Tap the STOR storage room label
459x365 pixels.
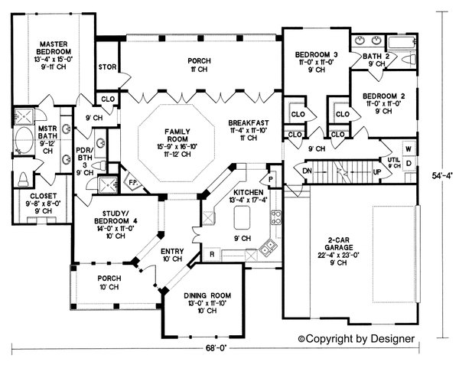pos(106,67)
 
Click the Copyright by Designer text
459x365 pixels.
pos(356,337)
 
